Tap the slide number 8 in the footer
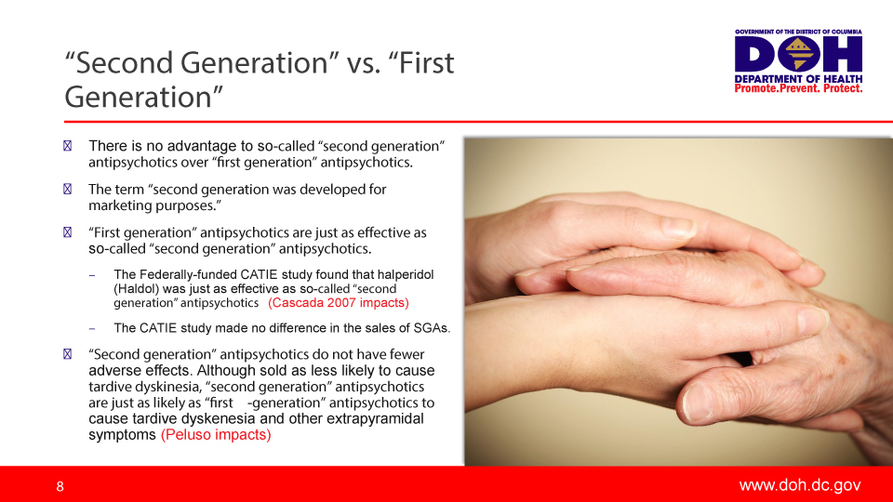pos(60,486)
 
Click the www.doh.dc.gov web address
pos(800,485)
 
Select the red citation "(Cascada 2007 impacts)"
pos(339,303)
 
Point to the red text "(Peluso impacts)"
pos(216,434)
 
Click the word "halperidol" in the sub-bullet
pos(402,274)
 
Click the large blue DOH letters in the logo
pos(799,56)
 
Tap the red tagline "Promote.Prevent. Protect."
pos(799,88)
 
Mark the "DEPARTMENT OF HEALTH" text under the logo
pos(799,79)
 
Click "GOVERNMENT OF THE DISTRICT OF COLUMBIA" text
pos(799,32)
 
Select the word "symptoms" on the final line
pos(122,434)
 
